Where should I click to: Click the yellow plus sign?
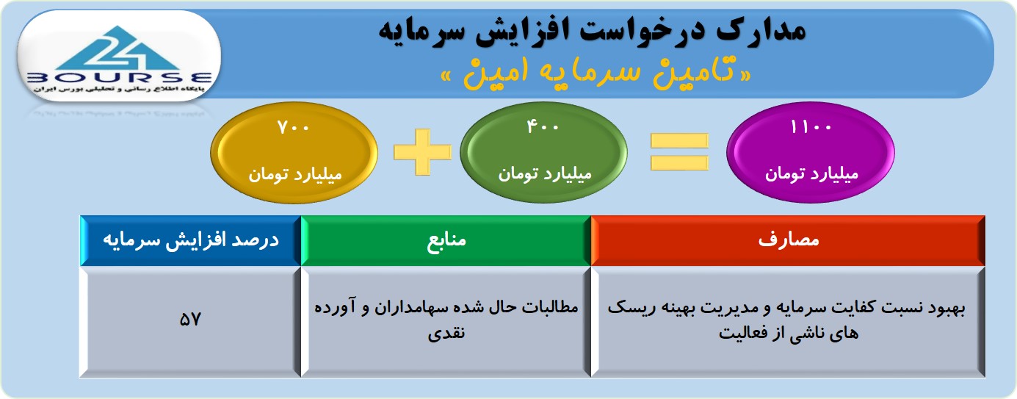(423, 152)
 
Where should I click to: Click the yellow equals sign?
(679, 152)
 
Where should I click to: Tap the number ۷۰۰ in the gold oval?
(293, 128)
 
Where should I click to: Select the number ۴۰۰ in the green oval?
(543, 126)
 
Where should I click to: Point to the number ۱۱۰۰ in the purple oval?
(811, 127)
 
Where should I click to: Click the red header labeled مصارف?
(788, 240)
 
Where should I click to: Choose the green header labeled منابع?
(446, 240)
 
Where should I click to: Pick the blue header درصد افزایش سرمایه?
(190, 240)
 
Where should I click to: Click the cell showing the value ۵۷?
(190, 320)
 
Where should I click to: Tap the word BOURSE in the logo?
(120, 77)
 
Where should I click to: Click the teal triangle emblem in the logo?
(118, 48)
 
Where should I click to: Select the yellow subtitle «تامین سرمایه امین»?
(596, 73)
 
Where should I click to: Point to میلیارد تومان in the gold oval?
(294, 175)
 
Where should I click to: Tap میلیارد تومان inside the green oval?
(544, 173)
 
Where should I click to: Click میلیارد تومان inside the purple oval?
(811, 173)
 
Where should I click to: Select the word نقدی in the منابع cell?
(446, 333)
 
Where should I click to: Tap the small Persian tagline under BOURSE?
(119, 89)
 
